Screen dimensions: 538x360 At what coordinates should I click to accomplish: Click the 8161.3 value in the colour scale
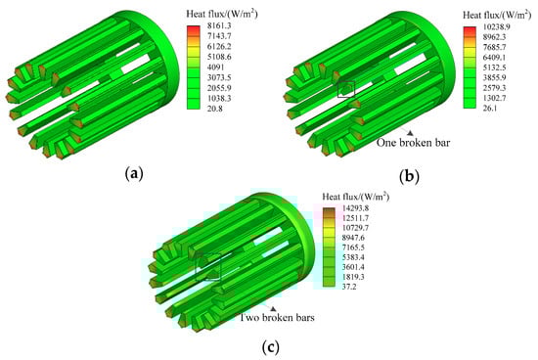click(219, 25)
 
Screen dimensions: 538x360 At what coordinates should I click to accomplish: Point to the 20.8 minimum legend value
click(215, 109)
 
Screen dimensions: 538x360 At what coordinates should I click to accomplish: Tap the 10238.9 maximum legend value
click(498, 26)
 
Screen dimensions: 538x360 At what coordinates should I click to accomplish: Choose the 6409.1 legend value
click(496, 58)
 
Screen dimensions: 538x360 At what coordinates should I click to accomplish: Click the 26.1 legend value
click(491, 109)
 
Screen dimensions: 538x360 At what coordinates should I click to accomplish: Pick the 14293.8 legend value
click(355, 208)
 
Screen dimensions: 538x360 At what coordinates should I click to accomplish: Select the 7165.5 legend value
click(353, 247)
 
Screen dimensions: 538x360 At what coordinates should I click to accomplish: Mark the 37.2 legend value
click(349, 287)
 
